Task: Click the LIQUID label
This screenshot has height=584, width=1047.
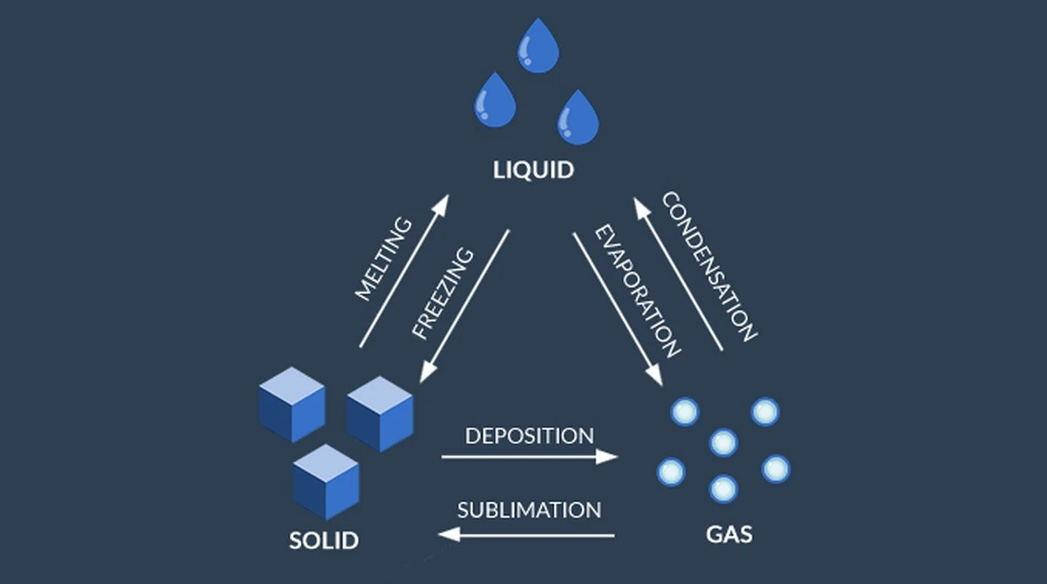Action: pos(533,170)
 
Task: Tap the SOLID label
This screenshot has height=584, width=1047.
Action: pos(324,540)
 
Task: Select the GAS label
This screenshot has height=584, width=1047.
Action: pos(729,534)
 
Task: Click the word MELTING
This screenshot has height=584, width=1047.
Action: pos(384,259)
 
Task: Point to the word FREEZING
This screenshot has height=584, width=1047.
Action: pos(443,293)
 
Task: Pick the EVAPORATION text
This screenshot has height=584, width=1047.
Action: pos(638,292)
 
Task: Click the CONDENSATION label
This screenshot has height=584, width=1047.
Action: pos(709,266)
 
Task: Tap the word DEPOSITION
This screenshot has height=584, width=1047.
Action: pos(530,436)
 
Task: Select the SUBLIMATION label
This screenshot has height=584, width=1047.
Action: pos(529,510)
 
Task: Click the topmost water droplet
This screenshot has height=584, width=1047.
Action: pos(538,47)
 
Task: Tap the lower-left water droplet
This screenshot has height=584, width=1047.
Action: pos(495,101)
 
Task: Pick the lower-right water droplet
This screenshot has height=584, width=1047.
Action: pos(578,119)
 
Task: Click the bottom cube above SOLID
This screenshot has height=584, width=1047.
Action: pos(326,482)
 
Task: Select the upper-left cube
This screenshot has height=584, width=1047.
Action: pos(292,404)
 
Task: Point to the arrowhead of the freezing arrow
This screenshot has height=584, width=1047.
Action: pos(428,372)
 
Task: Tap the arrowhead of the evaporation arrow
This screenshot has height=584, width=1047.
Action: pos(655,375)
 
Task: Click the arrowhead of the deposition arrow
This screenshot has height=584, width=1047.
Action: pos(606,457)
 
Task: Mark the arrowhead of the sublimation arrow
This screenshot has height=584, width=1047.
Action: pos(449,535)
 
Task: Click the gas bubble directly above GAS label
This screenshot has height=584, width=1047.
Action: pos(723,489)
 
